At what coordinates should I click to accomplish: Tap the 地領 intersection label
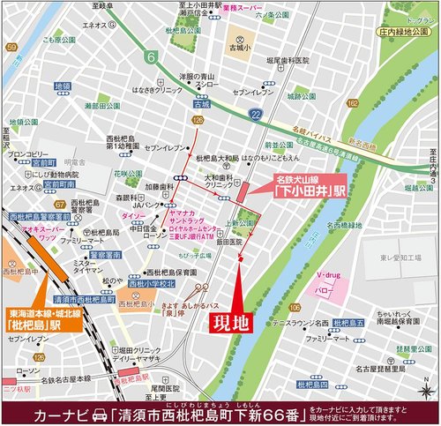(x=63, y=86)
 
